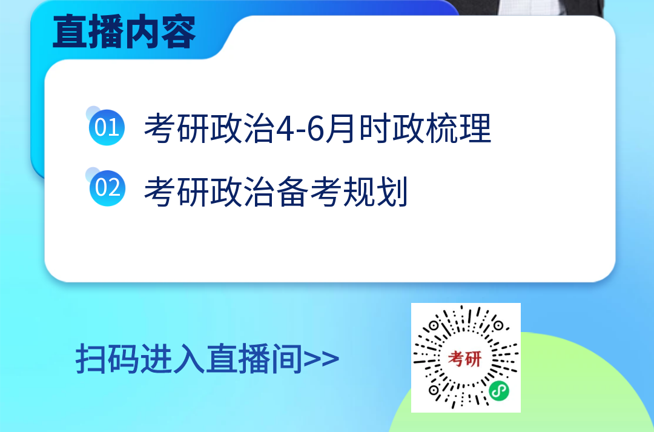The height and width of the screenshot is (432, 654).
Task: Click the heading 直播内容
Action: tap(124, 32)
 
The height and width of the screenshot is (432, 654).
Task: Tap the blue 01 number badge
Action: tap(107, 127)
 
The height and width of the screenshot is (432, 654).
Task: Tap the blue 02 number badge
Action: tap(107, 188)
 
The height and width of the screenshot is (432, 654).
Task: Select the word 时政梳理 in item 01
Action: tap(425, 128)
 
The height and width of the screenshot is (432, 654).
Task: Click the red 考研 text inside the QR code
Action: tap(464, 358)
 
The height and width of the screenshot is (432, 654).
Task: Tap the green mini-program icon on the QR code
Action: tap(499, 391)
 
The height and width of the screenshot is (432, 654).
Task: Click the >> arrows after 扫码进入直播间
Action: tap(321, 359)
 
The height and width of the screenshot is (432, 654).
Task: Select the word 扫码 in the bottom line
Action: tap(107, 359)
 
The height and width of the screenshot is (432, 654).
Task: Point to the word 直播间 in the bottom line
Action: tap(254, 359)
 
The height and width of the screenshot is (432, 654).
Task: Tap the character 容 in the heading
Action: tap(179, 32)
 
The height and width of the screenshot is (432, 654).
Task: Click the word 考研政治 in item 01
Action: tap(210, 128)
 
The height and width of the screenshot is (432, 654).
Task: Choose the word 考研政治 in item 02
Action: tap(210, 191)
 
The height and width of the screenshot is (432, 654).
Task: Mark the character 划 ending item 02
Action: tap(392, 191)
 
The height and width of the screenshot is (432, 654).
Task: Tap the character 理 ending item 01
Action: tap(475, 128)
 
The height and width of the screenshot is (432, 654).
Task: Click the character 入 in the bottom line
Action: tap(189, 359)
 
